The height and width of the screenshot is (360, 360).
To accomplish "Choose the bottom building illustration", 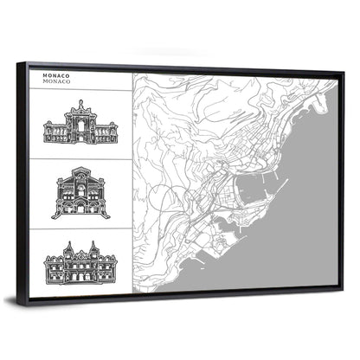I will tap(80, 261).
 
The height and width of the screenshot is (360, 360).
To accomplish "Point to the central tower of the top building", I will tap(80, 108).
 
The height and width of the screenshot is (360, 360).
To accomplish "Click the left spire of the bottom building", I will tap(66, 247).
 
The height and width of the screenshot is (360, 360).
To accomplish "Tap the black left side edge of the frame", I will tap(24, 182).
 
